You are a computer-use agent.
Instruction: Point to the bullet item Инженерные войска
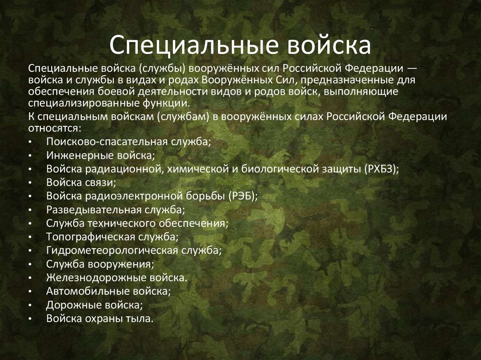100,155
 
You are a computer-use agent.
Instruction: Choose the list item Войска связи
81,182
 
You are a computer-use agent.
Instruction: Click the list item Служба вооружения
100,264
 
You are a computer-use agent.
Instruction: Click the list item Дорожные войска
94,305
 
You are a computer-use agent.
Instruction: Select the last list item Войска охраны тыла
100,318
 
